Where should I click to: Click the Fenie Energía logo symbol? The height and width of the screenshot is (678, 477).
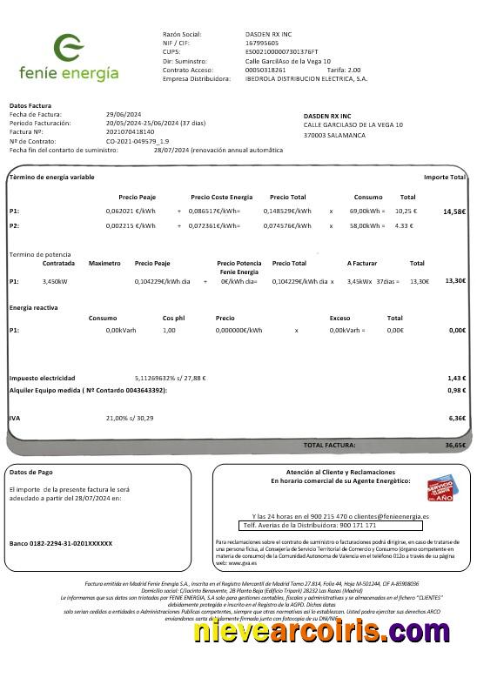coord(69,48)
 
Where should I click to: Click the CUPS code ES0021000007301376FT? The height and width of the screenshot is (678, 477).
coord(282,51)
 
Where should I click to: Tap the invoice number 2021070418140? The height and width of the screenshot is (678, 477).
coord(130,131)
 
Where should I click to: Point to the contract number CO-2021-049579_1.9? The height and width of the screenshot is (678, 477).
coord(138,141)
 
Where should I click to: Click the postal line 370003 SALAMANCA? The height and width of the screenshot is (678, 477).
coord(334,135)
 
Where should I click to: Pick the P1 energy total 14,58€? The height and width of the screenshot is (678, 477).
coord(454,211)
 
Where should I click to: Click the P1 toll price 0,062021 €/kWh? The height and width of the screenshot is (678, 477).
coord(131,211)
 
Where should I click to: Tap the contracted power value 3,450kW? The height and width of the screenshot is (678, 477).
coord(55,281)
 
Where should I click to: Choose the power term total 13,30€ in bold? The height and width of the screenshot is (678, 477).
coord(455,281)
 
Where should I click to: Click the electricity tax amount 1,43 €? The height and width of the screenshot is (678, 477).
coord(457,378)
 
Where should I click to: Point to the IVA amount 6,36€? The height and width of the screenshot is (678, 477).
coord(457,418)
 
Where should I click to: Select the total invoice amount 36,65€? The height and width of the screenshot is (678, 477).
coord(455,445)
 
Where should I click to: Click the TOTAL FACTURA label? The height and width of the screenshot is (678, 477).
coord(329,445)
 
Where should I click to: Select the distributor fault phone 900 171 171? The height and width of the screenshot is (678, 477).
coord(358,526)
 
